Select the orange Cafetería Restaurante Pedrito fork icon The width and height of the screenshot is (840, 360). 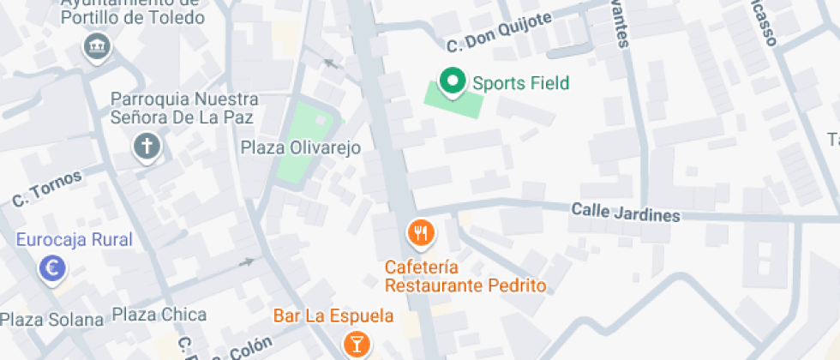tap(420, 232)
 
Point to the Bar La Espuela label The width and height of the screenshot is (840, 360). tap(333, 315)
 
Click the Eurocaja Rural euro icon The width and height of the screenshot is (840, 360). tap(53, 269)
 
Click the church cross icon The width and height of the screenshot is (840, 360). tap(147, 147)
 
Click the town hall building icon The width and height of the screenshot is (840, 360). tap(95, 45)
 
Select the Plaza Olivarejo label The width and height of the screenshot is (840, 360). tap(300, 148)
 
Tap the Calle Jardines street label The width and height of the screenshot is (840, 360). tap(626, 211)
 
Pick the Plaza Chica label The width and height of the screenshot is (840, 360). tap(159, 314)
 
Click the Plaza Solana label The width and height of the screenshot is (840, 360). tap(51, 320)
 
